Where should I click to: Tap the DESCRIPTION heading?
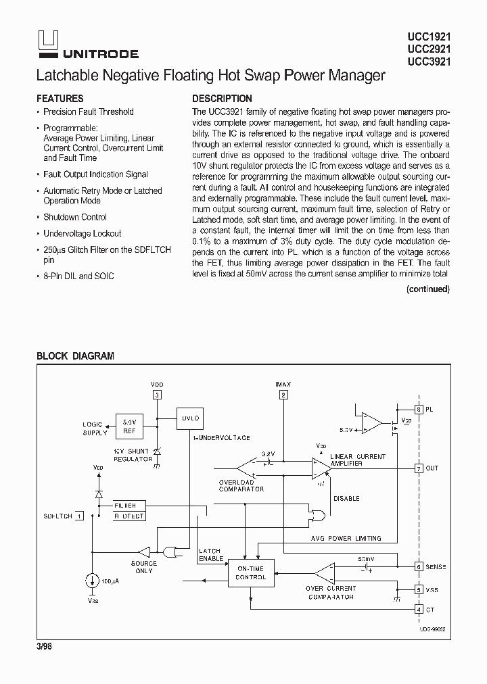pos(222,99)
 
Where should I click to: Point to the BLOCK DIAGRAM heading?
pos(75,356)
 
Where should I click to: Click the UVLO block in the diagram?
pos(189,418)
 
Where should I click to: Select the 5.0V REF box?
pos(129,424)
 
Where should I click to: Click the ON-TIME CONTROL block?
pos(251,573)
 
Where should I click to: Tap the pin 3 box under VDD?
pos(157,395)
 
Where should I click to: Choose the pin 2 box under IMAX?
pos(283,395)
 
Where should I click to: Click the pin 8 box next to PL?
pos(419,410)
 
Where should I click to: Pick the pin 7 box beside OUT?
pos(419,468)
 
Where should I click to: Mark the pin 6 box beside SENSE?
pos(419,566)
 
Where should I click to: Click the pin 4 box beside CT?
pos(419,610)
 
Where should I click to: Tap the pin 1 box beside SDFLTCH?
pos(80,516)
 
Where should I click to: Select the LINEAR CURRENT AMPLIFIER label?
pos(358,460)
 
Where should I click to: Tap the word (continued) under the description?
pos(427,289)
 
